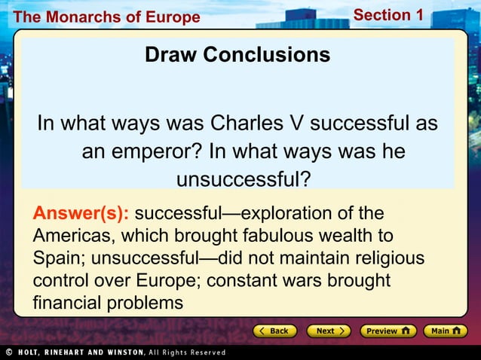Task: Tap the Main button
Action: coord(445,331)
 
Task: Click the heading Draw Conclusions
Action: coord(237,55)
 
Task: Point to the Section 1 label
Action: coord(388,15)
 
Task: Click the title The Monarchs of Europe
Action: coord(106,17)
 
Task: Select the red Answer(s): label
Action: coord(81,213)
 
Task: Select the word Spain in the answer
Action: coord(59,258)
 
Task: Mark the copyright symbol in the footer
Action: coord(8,352)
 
